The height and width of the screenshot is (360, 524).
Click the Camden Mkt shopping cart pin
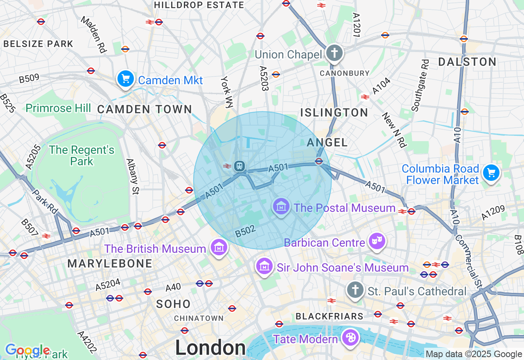[x=125, y=79]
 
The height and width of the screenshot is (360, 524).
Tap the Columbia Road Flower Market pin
[x=490, y=173]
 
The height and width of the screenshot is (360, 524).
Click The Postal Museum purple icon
[x=281, y=207]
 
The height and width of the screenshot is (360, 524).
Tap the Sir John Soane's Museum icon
[x=264, y=266]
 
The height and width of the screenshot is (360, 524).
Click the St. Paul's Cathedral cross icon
[x=355, y=290]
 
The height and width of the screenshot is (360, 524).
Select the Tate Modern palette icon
[x=351, y=338]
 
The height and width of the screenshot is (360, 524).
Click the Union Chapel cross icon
[x=334, y=53]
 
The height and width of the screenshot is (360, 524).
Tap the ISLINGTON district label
[x=334, y=112]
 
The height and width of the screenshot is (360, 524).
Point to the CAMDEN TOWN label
[x=145, y=109]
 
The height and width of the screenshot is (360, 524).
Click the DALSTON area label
[x=467, y=62]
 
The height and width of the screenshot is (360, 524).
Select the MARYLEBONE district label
[x=110, y=264]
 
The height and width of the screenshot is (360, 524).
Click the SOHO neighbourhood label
[x=173, y=304]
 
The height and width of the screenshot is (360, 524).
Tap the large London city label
[x=210, y=348]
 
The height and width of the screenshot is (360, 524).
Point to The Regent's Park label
[x=81, y=155]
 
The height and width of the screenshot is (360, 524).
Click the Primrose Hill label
[x=58, y=108]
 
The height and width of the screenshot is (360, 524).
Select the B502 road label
[x=246, y=231]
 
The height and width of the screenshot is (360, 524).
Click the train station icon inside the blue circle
[x=239, y=166]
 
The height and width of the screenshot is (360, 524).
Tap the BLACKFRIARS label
[x=329, y=316]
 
